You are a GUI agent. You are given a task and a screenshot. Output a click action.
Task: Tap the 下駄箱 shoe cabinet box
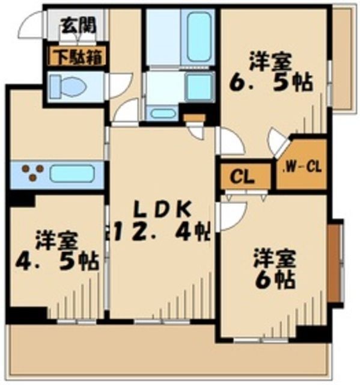tap(78, 58)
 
